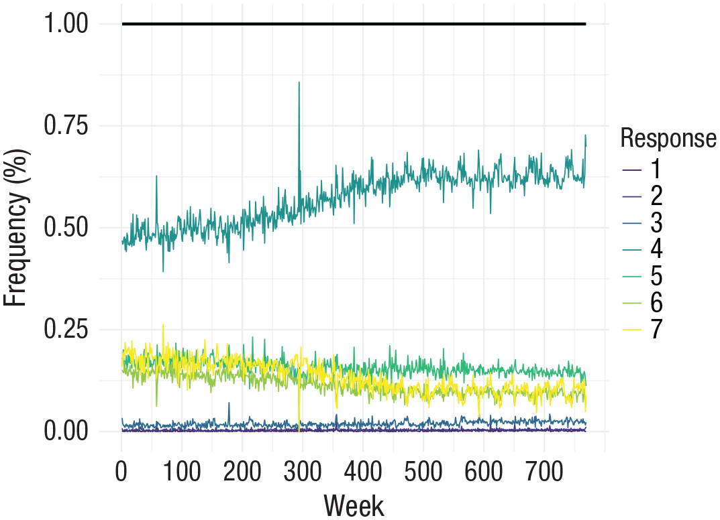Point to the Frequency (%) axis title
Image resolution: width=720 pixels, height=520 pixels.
(16, 228)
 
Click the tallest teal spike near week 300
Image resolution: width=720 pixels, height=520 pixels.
(299, 83)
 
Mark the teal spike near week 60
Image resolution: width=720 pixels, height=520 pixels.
(156, 176)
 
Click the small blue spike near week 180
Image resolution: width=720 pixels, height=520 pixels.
(229, 403)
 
